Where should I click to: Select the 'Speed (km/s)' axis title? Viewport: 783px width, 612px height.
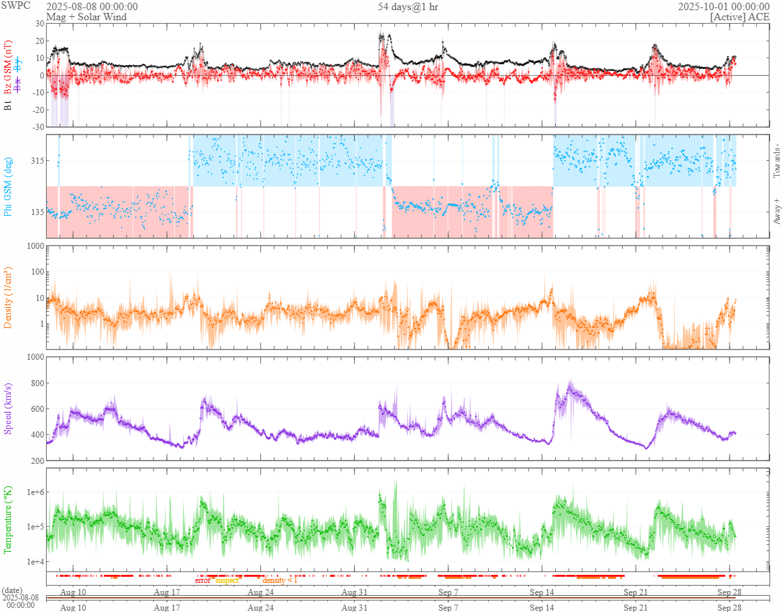8,408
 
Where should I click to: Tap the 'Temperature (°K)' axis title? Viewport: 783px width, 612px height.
8,519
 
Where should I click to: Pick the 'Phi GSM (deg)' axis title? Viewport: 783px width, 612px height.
8,187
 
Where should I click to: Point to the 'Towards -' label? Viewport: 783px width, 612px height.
776,162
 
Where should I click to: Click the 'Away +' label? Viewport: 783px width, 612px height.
776,211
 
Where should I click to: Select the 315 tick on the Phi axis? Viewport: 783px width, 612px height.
34,160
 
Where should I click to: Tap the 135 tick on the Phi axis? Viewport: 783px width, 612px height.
34,212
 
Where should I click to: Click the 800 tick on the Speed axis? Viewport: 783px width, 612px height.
34,383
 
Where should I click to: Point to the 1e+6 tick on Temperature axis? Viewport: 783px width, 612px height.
32,492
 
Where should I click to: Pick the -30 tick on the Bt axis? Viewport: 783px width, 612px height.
37,126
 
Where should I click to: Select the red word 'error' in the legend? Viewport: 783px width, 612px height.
203,580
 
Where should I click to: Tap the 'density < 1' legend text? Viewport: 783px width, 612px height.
280,580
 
